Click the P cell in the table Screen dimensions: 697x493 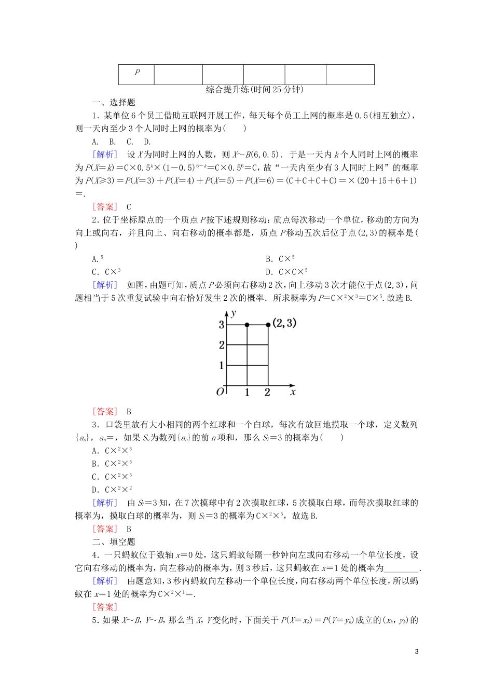pyautogui.click(x=136, y=73)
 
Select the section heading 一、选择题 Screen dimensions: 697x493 pyautogui.click(x=114, y=103)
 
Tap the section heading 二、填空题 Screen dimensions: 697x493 pyautogui.click(x=114, y=542)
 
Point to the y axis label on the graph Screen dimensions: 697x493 pyautogui.click(x=235, y=313)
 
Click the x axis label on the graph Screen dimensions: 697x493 pyautogui.click(x=293, y=392)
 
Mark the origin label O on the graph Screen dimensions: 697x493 pyautogui.click(x=220, y=392)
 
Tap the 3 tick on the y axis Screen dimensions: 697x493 pyautogui.click(x=222, y=325)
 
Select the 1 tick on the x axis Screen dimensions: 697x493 pyautogui.click(x=247, y=393)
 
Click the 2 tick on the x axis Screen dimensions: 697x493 pyautogui.click(x=267, y=393)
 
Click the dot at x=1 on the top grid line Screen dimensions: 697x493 pyautogui.click(x=247, y=325)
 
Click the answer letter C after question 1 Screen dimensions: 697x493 pyautogui.click(x=129, y=207)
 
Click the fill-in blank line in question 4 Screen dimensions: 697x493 pyautogui.click(x=400, y=569)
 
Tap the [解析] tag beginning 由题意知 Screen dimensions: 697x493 pyautogui.click(x=105, y=581)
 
